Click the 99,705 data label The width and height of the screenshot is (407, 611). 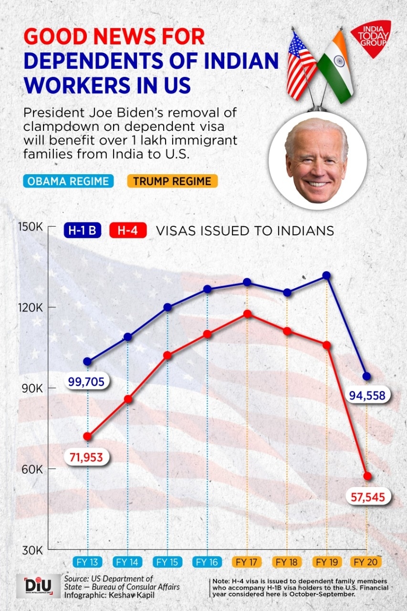(x=87, y=381)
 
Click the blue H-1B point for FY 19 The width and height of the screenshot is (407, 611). (x=326, y=275)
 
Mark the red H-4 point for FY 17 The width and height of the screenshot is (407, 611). (x=247, y=314)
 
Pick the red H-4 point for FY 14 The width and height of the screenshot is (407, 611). (x=127, y=399)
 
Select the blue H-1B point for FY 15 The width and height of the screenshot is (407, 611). (x=167, y=307)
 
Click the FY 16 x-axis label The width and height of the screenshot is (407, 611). (x=207, y=562)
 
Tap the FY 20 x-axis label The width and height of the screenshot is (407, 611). (x=366, y=562)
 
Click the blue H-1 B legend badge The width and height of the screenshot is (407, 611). (x=83, y=231)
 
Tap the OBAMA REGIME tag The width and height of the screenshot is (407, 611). (x=68, y=181)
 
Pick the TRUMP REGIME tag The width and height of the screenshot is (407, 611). (x=172, y=181)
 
